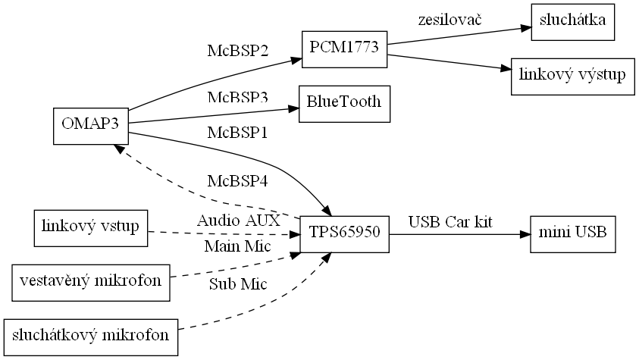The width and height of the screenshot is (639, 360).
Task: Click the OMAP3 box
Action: (x=90, y=126)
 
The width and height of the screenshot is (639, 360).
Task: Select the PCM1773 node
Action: (x=344, y=51)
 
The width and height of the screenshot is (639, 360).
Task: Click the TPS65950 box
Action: (x=344, y=234)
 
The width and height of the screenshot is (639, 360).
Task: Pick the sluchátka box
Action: (x=572, y=22)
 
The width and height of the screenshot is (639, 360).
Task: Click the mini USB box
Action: (x=572, y=234)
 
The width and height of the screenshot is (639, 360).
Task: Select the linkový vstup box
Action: (x=90, y=228)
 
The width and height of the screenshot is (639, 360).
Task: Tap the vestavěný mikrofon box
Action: (x=90, y=281)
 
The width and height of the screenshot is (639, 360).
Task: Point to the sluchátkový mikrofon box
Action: (x=90, y=334)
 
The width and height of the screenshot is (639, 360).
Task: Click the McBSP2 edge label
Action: (x=238, y=52)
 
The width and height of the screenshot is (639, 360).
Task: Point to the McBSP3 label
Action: (x=238, y=99)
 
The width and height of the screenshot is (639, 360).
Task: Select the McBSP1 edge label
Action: (x=238, y=133)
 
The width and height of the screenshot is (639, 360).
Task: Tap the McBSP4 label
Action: (x=238, y=182)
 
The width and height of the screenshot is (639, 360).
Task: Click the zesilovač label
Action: (x=451, y=18)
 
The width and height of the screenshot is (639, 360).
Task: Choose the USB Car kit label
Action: (x=451, y=222)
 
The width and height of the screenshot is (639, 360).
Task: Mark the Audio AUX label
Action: (x=239, y=221)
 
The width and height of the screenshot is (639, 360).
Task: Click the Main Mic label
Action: (x=238, y=247)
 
